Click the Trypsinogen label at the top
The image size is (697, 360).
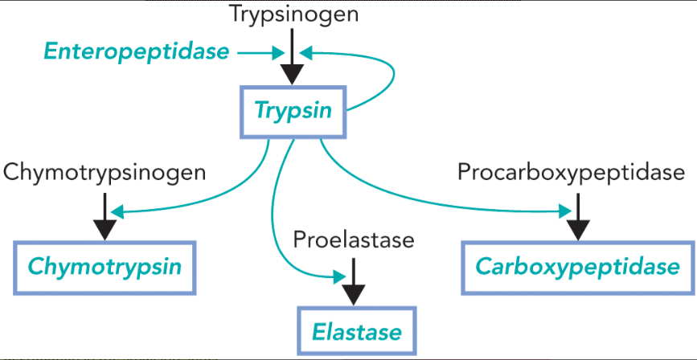[x=292, y=14]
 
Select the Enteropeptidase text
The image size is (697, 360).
[x=136, y=52]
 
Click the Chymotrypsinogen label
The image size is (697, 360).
[x=105, y=171]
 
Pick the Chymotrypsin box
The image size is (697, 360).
[x=105, y=267]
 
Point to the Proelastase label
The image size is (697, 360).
[x=354, y=239]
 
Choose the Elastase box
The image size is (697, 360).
[x=356, y=331]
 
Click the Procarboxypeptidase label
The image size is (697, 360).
[x=571, y=171]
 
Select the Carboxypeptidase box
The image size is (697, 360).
[x=577, y=267]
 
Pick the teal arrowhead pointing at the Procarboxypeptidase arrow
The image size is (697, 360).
[x=564, y=211]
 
